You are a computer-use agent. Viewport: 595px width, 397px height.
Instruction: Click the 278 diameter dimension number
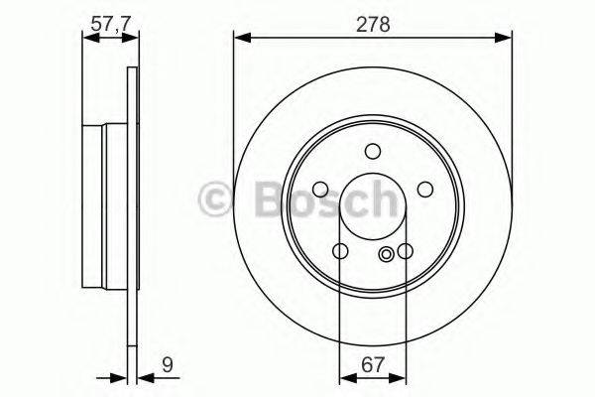[373, 23]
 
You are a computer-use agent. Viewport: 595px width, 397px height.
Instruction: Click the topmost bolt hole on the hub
[373, 151]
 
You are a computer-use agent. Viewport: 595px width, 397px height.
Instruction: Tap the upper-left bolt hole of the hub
[321, 189]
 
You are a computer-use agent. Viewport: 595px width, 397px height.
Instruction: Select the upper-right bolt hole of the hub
[423, 189]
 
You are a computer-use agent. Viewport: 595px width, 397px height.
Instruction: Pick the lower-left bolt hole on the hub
[341, 251]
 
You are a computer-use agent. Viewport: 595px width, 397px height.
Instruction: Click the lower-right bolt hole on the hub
[406, 251]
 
